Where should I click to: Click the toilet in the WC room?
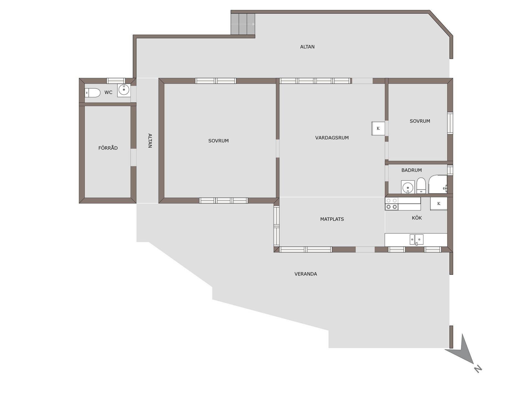click(x=92, y=93)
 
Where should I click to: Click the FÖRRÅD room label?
click(x=108, y=148)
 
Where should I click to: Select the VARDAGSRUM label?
click(x=332, y=138)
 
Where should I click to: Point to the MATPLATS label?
click(x=332, y=219)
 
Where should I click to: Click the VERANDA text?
click(x=306, y=274)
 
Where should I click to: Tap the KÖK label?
click(x=417, y=218)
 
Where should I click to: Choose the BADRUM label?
click(x=411, y=170)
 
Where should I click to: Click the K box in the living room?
click(x=378, y=128)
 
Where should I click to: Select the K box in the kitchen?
click(x=439, y=204)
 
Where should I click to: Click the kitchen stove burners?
click(x=392, y=204)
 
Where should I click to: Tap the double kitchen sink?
click(x=416, y=239)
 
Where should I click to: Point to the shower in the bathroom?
click(x=438, y=184)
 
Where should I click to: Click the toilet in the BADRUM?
click(x=421, y=185)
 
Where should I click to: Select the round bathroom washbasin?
click(x=408, y=187)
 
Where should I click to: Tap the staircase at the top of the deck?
click(x=243, y=24)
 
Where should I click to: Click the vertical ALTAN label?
click(x=150, y=141)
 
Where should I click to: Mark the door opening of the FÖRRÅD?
click(x=133, y=157)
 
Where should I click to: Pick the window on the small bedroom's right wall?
click(x=450, y=123)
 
